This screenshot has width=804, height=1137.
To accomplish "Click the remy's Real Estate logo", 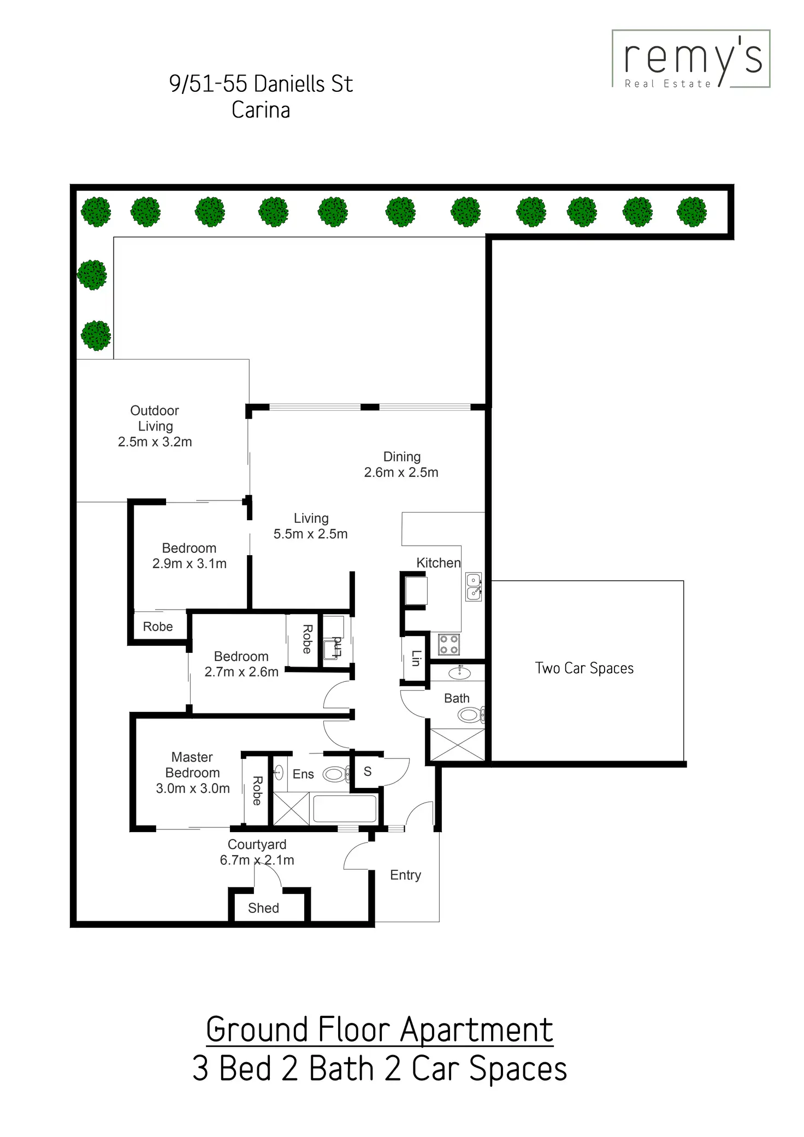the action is (x=691, y=59).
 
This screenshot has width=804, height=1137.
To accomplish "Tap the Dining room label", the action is (x=401, y=464).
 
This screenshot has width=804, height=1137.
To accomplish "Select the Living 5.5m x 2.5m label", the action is (x=310, y=526).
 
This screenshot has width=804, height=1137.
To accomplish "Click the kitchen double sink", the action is (x=474, y=587).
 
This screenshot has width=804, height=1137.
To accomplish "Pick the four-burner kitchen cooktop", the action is (x=449, y=644).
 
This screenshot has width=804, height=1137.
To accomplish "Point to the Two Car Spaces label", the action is (x=584, y=668).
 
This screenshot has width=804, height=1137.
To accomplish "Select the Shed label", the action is (x=263, y=908).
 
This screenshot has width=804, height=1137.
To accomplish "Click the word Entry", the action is (x=405, y=875).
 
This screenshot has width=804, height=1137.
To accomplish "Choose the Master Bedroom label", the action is (x=192, y=772).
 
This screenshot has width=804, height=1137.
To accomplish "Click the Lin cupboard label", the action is (x=416, y=658).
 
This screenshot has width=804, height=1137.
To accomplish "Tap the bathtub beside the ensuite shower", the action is (x=345, y=808).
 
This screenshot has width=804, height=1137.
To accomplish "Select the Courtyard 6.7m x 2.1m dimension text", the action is (x=257, y=860).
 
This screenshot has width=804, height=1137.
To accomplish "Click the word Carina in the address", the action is (x=261, y=110).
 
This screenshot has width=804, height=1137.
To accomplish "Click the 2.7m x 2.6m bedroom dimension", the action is (x=241, y=671).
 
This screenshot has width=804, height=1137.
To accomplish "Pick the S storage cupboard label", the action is (x=368, y=771).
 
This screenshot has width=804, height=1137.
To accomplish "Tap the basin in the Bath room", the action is (x=459, y=672).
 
